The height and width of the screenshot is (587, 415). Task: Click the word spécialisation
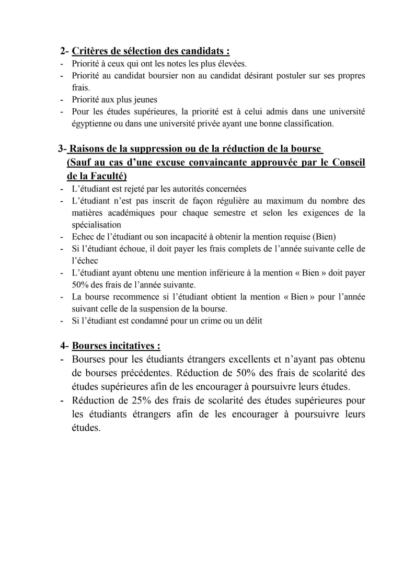pos(96,225)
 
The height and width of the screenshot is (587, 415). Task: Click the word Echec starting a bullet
pos(83,237)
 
